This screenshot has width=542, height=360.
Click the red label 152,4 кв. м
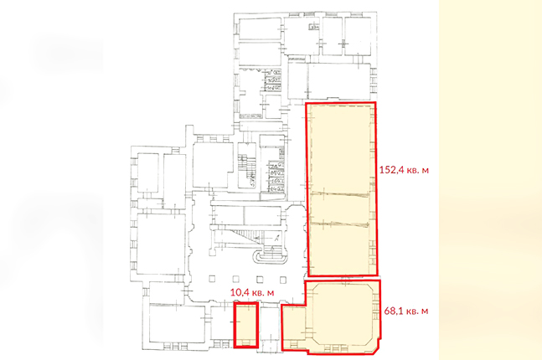click(x=404, y=170)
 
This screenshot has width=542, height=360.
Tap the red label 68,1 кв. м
click(x=406, y=311)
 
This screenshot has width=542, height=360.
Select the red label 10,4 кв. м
click(x=252, y=293)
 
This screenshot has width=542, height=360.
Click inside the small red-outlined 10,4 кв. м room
click(x=245, y=325)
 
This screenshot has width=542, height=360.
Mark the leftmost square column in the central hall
click(x=212, y=279)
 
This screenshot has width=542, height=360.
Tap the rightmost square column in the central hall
click(x=283, y=280)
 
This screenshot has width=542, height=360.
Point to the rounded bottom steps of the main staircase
click(x=271, y=257)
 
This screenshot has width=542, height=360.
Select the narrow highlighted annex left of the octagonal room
click(x=294, y=327)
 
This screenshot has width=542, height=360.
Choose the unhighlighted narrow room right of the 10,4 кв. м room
click(x=269, y=324)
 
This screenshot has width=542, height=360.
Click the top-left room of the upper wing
click(x=260, y=29)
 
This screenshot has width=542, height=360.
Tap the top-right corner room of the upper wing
click(x=358, y=36)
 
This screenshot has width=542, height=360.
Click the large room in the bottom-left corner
click(x=177, y=324)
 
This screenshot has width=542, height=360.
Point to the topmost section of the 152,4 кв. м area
click(x=341, y=148)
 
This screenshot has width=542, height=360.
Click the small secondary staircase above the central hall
click(x=247, y=166)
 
